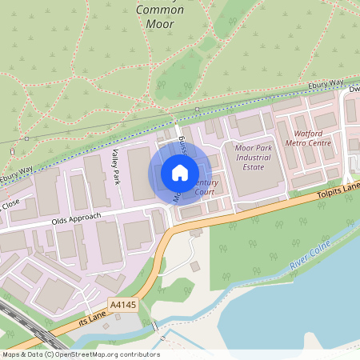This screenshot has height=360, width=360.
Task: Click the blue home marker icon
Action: point(180,172)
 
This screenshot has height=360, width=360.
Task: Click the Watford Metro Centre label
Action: point(308,138)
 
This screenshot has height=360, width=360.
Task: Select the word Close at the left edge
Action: point(10,205)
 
